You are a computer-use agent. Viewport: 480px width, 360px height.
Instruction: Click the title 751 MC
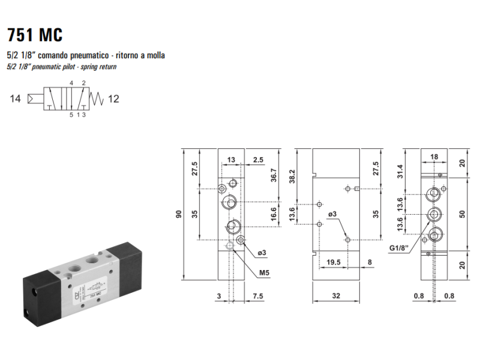35,35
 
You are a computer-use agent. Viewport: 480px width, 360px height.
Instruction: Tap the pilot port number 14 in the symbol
16,98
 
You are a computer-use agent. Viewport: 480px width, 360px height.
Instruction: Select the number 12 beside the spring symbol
113,99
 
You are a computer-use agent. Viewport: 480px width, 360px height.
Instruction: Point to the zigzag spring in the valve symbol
97,99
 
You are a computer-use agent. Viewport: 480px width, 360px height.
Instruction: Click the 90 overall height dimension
178,214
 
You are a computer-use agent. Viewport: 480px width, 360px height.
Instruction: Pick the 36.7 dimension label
274,175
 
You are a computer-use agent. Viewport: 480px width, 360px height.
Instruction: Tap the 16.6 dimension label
274,214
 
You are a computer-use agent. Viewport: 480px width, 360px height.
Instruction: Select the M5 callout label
264,272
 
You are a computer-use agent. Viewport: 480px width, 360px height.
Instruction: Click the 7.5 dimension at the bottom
258,296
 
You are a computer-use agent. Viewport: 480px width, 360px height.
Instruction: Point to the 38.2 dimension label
292,176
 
